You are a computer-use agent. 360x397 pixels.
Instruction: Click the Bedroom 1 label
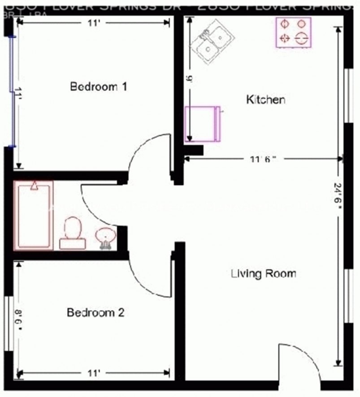tap(99, 86)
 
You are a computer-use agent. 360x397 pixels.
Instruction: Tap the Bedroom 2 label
tap(95, 312)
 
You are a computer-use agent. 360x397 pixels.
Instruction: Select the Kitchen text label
tap(265, 99)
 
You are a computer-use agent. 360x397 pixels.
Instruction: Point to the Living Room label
tap(263, 273)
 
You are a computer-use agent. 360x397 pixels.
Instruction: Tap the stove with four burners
tap(294, 32)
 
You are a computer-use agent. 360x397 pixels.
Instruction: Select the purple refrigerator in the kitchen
tap(203, 124)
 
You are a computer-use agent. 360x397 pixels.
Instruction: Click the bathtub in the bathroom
tap(34, 215)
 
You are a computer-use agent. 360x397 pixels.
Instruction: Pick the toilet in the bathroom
tap(73, 233)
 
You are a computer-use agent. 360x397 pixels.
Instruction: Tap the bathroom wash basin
tap(106, 237)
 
